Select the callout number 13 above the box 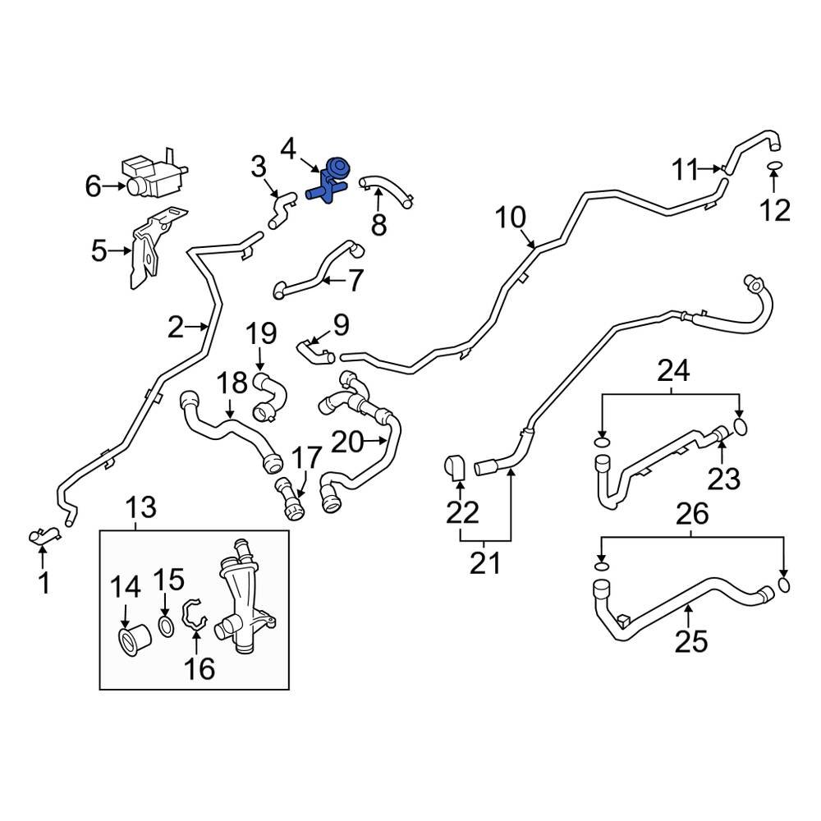[x=141, y=507]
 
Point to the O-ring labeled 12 [x=773, y=169]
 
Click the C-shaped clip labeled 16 [x=194, y=617]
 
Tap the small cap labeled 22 [x=456, y=467]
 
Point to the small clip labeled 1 [x=45, y=537]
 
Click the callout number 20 [x=346, y=443]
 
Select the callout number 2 [x=176, y=328]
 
